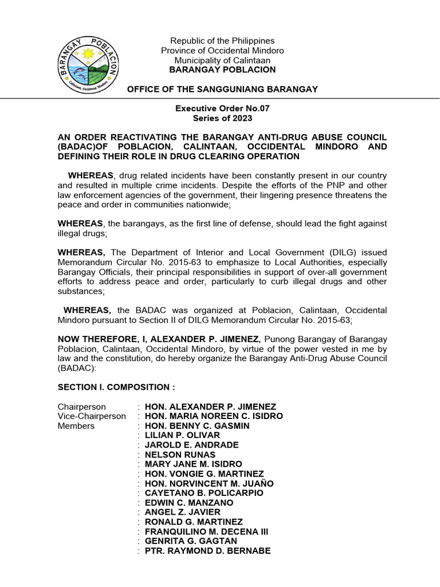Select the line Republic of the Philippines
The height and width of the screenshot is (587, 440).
(x=222, y=41)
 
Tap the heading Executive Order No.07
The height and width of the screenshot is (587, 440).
(x=222, y=108)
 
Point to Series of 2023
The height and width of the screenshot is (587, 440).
(x=222, y=118)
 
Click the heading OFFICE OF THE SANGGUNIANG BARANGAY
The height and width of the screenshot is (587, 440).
(x=222, y=89)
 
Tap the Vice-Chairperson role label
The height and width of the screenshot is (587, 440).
(x=92, y=416)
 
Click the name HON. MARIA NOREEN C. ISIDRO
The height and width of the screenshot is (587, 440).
(x=214, y=416)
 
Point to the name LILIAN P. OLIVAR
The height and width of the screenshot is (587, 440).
(x=182, y=435)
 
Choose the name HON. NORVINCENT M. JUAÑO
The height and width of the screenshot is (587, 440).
(x=209, y=483)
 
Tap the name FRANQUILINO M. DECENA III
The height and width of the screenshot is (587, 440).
(x=203, y=531)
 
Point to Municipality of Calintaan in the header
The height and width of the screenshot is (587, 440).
(x=222, y=60)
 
